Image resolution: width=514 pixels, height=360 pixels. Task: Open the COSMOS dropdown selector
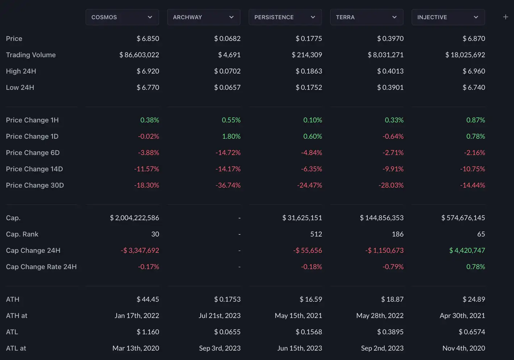(122, 17)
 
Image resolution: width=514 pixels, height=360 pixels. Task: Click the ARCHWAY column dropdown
(204, 17)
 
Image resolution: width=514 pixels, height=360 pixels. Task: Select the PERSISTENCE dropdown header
(285, 17)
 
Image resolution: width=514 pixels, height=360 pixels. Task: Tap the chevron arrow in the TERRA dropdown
(394, 17)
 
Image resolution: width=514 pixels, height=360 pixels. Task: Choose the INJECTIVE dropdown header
(448, 17)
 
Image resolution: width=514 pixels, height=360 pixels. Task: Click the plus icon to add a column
(506, 17)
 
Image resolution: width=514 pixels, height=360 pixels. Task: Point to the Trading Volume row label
(31, 55)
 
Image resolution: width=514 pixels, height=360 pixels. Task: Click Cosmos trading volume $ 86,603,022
(139, 55)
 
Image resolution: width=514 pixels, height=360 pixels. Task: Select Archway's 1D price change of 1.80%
(231, 137)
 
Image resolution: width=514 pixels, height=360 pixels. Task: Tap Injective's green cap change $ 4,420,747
(467, 251)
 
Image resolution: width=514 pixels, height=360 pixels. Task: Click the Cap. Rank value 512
(316, 234)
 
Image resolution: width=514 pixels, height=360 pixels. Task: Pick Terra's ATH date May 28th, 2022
(380, 316)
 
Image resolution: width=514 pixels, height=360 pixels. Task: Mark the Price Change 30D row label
(35, 185)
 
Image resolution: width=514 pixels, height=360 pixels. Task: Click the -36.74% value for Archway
(228, 185)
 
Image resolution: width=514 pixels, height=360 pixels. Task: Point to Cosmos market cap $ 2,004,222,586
(134, 218)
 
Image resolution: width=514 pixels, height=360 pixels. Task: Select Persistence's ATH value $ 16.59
(310, 300)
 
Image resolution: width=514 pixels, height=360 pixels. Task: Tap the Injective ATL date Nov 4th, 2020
(464, 348)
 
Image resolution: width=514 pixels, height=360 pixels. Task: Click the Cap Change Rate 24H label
(41, 267)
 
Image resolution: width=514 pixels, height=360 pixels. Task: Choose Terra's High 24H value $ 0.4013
(390, 71)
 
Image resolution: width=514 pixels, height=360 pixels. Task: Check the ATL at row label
(16, 348)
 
